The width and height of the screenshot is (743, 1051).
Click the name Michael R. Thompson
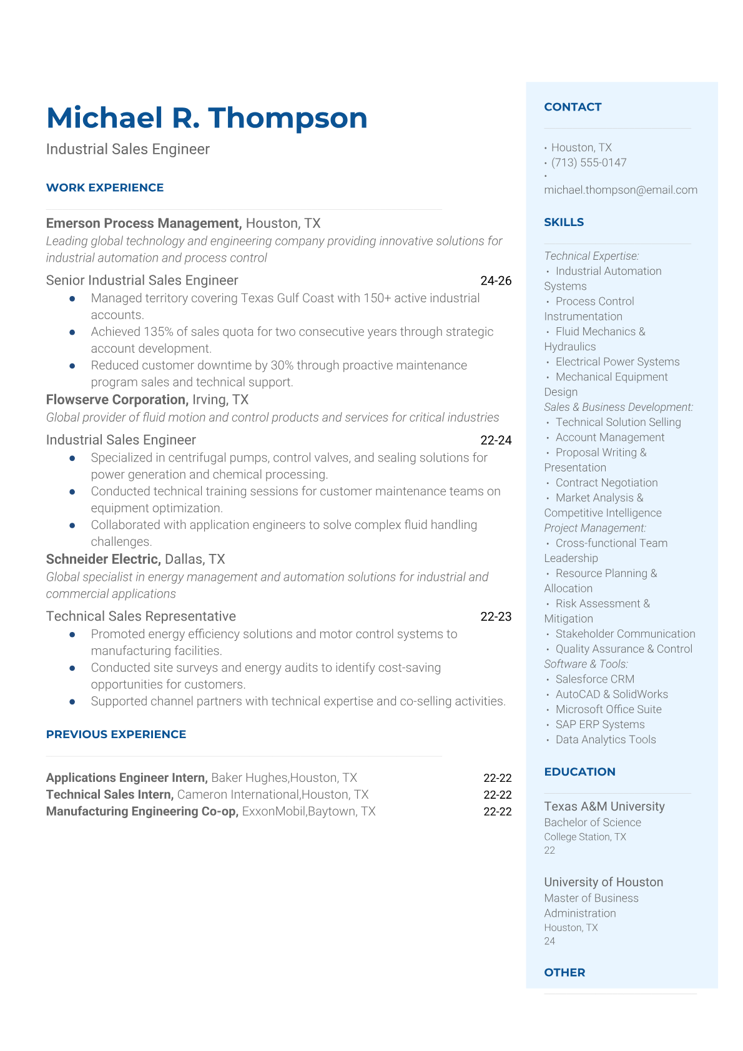207,118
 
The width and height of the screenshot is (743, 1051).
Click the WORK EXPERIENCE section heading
105,187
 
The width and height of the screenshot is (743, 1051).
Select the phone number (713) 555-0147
589,162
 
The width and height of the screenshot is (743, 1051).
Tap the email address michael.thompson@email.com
621,190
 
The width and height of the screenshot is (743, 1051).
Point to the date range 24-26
496,281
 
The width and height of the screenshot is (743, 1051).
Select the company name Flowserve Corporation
117,400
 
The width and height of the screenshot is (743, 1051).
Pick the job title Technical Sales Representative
141,616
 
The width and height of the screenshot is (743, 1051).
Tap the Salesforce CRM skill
595,679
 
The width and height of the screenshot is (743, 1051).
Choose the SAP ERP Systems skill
600,724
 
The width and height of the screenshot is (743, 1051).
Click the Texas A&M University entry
604,806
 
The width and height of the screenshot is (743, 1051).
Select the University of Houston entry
604,882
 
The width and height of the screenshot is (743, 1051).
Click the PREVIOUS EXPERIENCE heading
116,734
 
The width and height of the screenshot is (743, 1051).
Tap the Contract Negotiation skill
606,483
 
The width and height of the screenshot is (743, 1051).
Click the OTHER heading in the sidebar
564,972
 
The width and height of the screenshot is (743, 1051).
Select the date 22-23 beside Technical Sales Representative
496,616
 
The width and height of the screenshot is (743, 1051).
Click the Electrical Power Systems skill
618,362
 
